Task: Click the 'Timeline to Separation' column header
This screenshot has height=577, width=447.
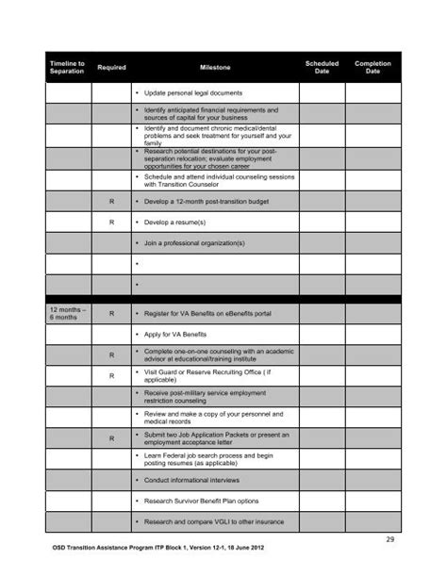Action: [67, 67]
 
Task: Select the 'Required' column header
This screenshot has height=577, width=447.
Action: [111, 68]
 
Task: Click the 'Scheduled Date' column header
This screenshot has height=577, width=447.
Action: [322, 67]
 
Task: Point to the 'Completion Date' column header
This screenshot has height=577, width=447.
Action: [372, 67]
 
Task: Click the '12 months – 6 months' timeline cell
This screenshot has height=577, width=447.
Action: [67, 313]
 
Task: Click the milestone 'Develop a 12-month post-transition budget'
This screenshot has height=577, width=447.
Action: [207, 202]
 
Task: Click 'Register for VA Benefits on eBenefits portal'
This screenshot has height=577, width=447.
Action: [209, 313]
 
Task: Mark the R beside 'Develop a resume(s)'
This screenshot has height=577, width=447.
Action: [111, 223]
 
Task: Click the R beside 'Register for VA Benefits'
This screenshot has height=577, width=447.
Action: [111, 313]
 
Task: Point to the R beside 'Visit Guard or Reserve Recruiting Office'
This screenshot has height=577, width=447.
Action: [111, 376]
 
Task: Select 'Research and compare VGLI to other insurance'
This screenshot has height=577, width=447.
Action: [214, 522]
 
